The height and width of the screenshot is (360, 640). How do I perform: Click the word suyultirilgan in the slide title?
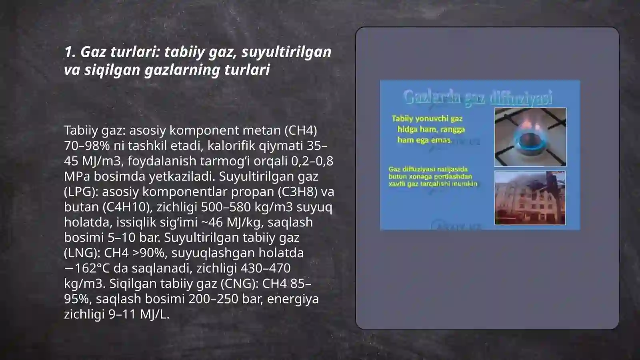coord(286,52)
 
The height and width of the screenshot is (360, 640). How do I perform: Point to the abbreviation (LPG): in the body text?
coord(81,192)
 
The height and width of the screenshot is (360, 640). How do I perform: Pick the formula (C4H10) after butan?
coord(127,207)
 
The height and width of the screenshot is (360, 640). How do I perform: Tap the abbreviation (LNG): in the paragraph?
coord(82,253)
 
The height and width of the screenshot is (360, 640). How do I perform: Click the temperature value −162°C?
coord(87,268)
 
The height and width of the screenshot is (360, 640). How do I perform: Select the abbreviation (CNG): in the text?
coord(238,284)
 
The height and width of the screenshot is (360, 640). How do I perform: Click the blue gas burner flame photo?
coord(530,137)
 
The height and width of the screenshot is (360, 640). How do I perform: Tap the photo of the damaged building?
coord(530,198)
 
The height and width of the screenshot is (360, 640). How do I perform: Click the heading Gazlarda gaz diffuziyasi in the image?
coord(478,97)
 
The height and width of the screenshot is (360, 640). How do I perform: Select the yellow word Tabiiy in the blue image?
coord(402,118)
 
